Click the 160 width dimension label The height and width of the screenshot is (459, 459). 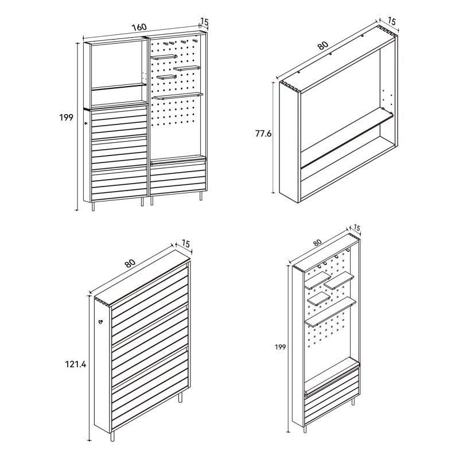pos(139,27)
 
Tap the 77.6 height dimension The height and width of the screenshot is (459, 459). pos(263,134)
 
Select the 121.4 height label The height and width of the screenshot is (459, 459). pos(76,364)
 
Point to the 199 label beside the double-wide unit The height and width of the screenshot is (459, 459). pos(66,118)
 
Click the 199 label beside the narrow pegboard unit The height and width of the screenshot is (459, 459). pos(280,347)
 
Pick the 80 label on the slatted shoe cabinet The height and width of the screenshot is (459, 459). pos(130,263)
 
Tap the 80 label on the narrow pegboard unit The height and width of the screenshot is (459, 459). pos(317,242)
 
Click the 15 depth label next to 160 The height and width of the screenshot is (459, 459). pos(204,21)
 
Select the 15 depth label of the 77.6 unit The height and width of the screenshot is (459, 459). pos(391,21)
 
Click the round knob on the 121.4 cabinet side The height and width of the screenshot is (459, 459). pos(101,322)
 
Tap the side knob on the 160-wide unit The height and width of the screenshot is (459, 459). pos(85,124)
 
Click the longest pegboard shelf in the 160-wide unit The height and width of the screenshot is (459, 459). pos(178,96)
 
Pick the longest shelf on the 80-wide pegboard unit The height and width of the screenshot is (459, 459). pos(331,312)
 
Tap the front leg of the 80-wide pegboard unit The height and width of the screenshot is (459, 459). pos(305,429)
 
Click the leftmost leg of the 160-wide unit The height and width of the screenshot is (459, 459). pos(94,206)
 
